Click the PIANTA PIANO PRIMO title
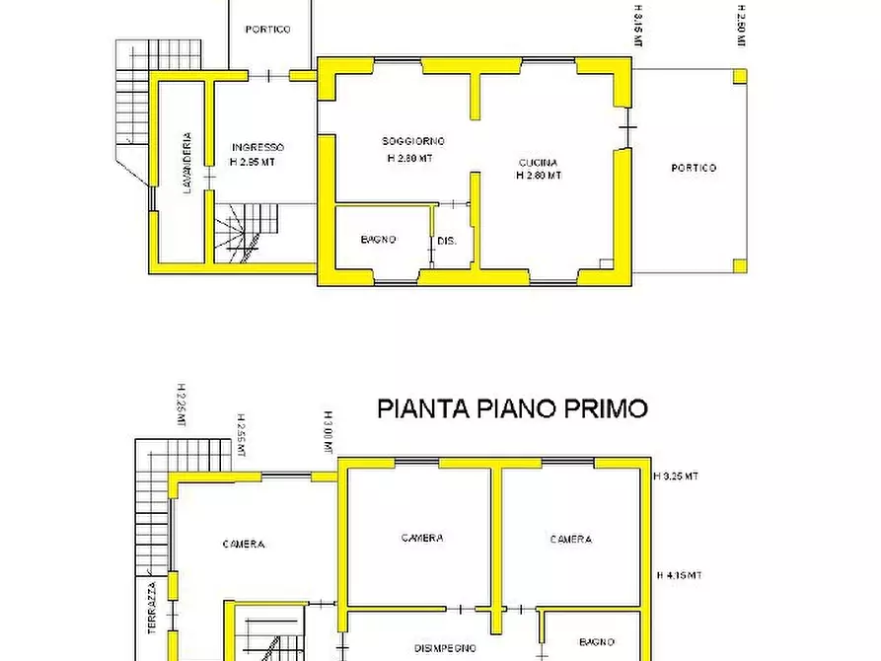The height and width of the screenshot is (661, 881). (513, 408)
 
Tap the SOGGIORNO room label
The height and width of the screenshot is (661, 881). (413, 141)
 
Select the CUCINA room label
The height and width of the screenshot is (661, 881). (539, 163)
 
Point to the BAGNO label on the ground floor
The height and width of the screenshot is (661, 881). (378, 240)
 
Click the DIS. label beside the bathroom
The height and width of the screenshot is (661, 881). (447, 240)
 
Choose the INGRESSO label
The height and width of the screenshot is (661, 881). (257, 147)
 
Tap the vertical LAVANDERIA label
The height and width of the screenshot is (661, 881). (186, 164)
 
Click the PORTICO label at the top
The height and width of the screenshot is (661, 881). (268, 30)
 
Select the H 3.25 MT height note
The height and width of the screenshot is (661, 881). (677, 476)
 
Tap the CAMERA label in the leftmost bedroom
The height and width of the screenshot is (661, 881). (243, 544)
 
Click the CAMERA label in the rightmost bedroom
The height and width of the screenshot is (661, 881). (571, 539)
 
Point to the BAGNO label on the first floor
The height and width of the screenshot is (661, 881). (598, 642)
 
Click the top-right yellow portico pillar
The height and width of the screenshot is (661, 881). (740, 75)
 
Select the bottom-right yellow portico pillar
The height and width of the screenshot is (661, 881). (740, 264)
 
